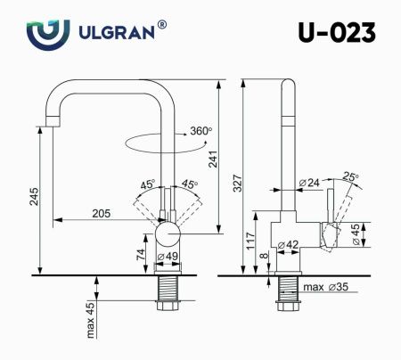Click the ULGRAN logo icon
[44, 34]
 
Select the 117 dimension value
[252, 240]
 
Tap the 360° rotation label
[200, 132]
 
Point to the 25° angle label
[351, 177]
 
